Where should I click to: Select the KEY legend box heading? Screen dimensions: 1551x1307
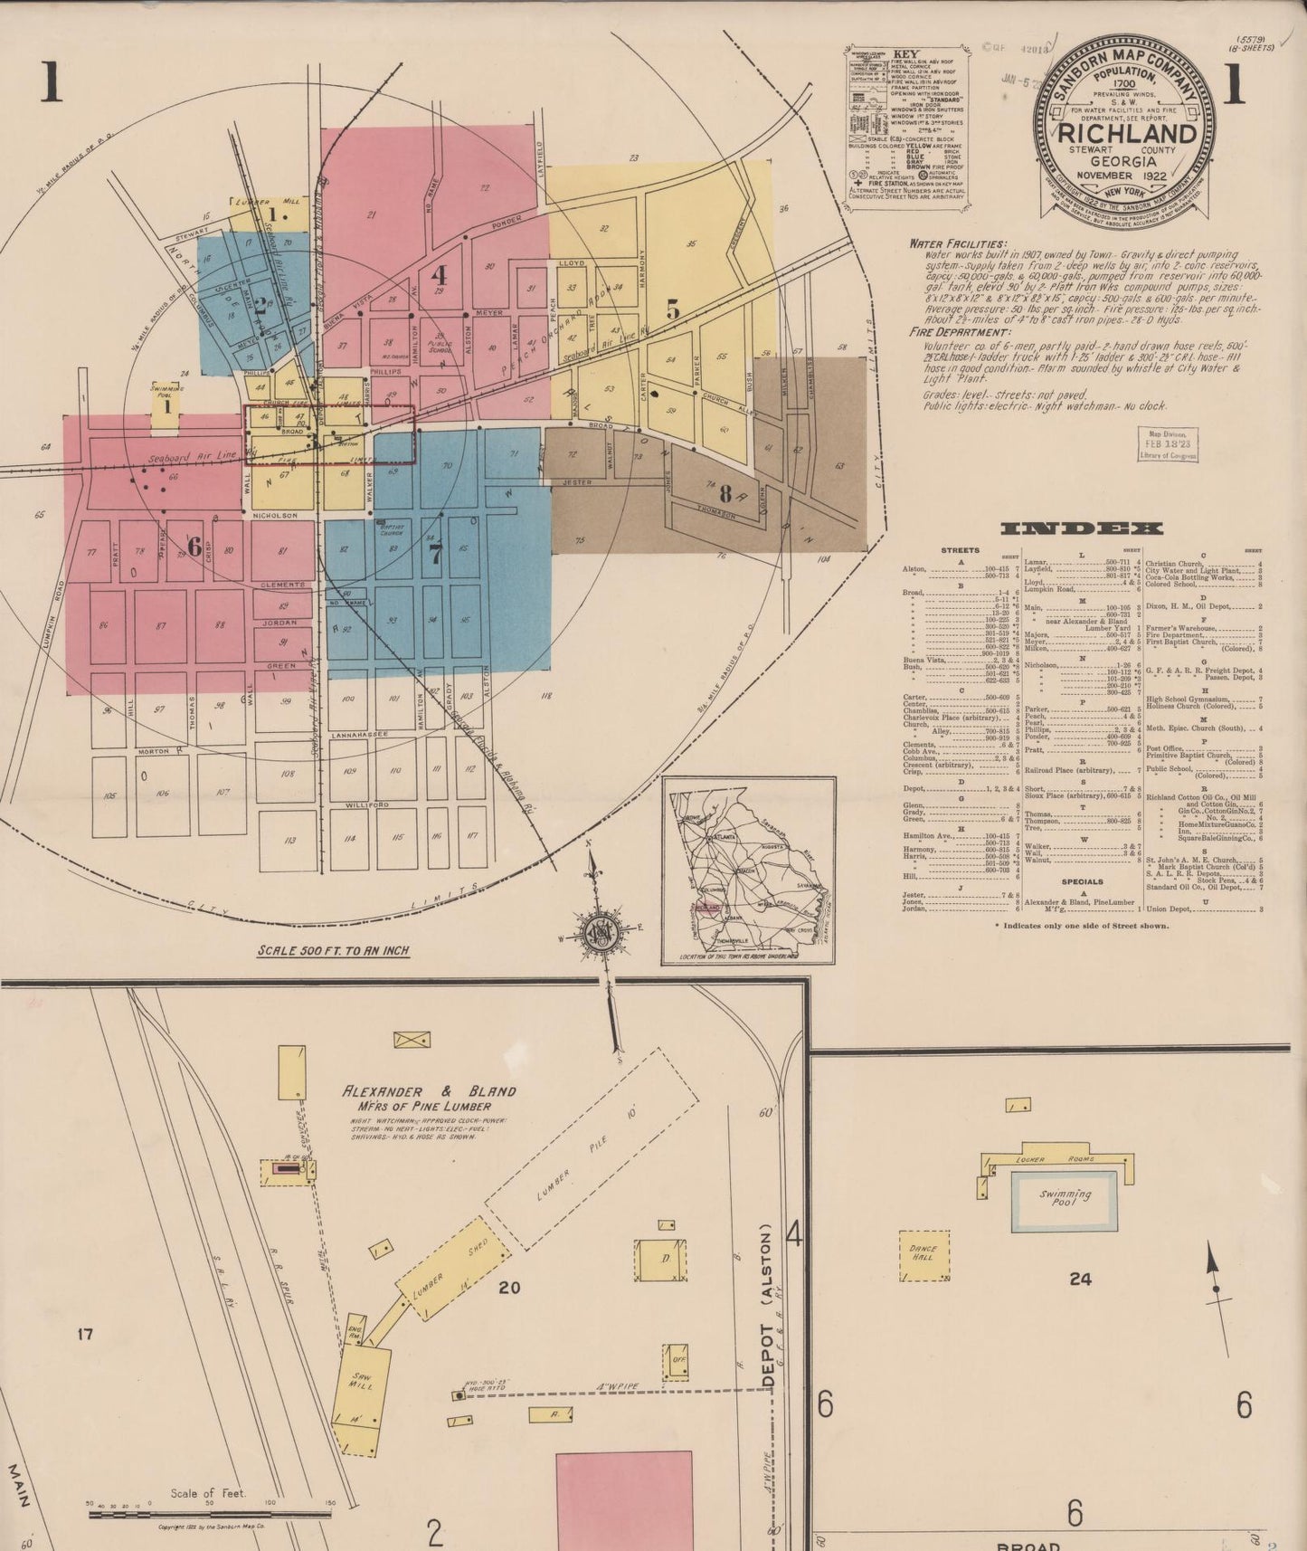pos(905,53)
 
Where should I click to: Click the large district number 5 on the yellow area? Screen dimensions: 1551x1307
pos(672,309)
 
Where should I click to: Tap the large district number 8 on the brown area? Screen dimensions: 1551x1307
pos(725,494)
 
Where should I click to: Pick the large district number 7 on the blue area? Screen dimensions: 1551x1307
pos(436,554)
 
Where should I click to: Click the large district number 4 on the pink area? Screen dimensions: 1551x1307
pos(440,273)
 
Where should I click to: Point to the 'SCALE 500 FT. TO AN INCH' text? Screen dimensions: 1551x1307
pos(334,951)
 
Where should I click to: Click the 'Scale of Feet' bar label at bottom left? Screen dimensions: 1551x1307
pos(208,1493)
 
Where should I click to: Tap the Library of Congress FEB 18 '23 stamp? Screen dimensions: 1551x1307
pos(1170,444)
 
